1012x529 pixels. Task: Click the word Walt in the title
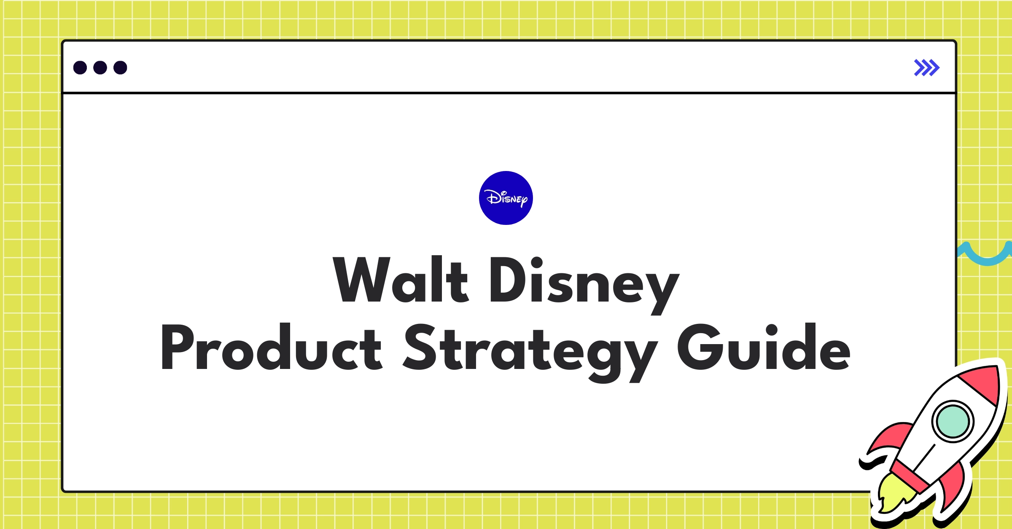[400, 280]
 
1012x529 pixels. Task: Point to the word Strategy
[530, 350]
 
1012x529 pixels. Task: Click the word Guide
[764, 348]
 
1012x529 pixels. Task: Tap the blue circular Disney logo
[506, 198]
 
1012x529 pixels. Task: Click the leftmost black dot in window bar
[80, 67]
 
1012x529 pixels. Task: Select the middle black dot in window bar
[100, 67]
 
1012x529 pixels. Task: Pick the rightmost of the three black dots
[120, 67]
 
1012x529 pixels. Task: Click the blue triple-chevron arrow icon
[926, 67]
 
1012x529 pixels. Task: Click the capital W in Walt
[361, 280]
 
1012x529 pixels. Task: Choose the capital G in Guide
[698, 348]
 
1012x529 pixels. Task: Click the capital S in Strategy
[420, 348]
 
